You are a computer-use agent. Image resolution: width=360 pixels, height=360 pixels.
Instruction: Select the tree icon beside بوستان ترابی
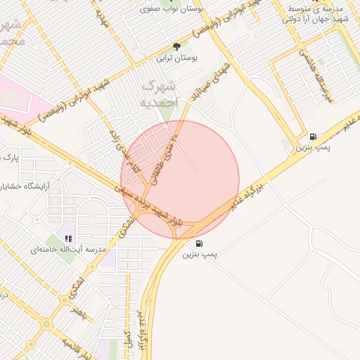point(176,46)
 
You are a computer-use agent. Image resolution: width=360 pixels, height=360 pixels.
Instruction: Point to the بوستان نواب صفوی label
point(167,10)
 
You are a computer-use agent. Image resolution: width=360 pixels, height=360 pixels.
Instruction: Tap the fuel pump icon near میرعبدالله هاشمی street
point(312,136)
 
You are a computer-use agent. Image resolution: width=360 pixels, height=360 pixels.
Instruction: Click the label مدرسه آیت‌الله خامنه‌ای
point(68,250)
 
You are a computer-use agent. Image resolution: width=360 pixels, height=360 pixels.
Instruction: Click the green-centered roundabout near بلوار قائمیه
point(47,324)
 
